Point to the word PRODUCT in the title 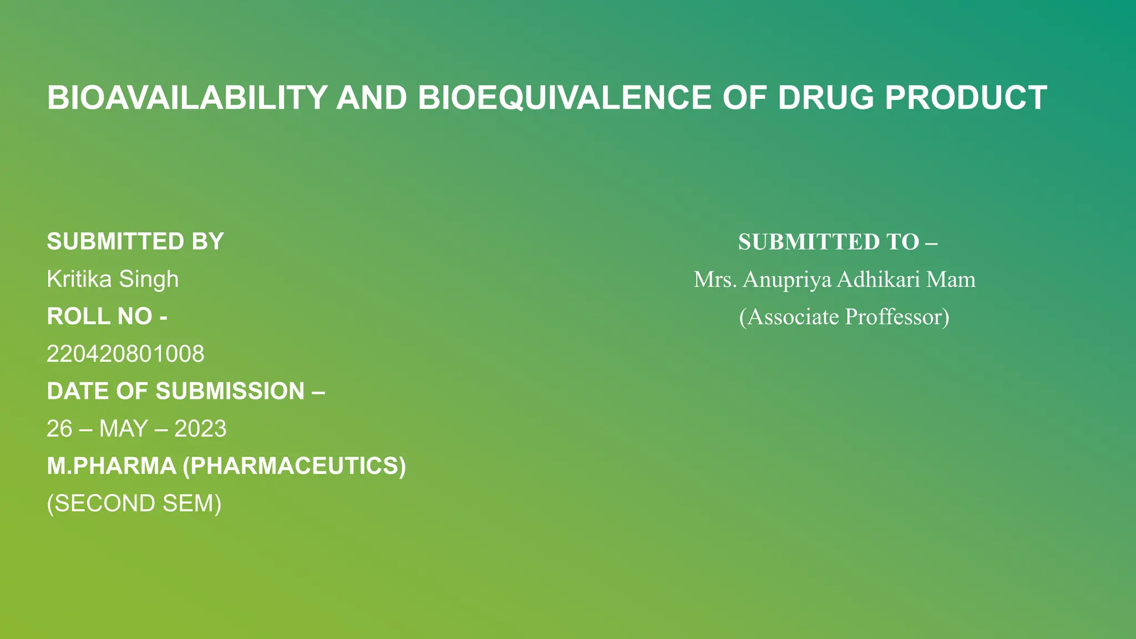pos(966,98)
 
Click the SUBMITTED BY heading pos(135,242)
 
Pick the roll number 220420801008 pos(125,354)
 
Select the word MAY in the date pos(123,429)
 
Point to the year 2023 pos(200,429)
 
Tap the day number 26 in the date pos(59,429)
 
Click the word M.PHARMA pos(111,466)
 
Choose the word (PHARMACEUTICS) pos(295,466)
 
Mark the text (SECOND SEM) pos(134,504)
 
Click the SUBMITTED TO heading pos(837,242)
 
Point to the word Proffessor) pos(897,317)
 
